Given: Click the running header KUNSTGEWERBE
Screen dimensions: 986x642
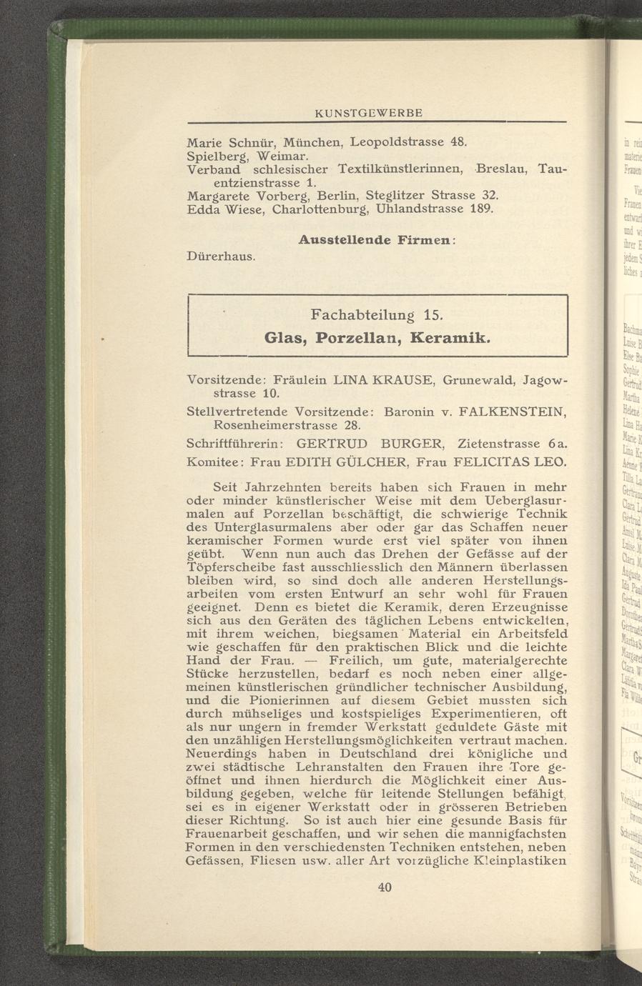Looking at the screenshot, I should pyautogui.click(x=369, y=113).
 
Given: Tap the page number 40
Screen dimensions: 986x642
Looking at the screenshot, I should pyautogui.click(x=385, y=887).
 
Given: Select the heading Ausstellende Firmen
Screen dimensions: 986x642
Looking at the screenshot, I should pyautogui.click(x=377, y=240).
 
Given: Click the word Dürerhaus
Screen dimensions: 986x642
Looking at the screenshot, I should pyautogui.click(x=221, y=255).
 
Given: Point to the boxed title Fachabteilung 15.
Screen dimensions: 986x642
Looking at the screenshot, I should pyautogui.click(x=377, y=314).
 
